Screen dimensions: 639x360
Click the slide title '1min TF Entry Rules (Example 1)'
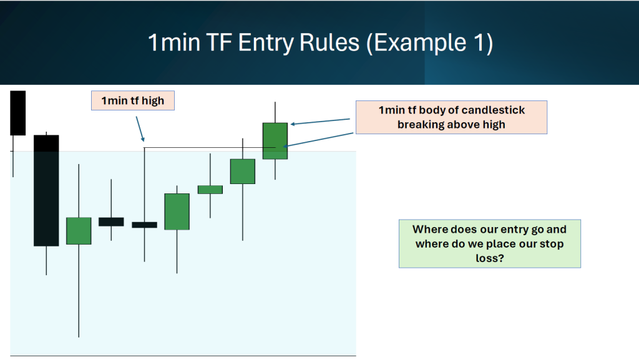point(320,42)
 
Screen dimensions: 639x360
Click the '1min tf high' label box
point(133,100)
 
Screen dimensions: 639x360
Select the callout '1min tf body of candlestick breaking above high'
point(452,117)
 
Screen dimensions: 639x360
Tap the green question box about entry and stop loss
point(489,243)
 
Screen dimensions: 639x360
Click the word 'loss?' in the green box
point(489,258)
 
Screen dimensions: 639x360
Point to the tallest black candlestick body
point(46,190)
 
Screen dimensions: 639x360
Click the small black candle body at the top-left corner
point(18,113)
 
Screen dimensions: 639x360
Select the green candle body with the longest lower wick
point(79,231)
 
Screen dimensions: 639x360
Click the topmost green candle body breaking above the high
point(275,141)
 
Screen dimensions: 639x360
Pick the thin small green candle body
point(210,190)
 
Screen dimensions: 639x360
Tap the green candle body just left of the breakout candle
point(243,172)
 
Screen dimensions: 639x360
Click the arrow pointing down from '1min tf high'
point(140,129)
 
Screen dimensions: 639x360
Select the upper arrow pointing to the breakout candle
point(320,122)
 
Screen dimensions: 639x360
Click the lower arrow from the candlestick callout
point(318,140)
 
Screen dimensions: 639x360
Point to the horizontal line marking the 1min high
point(210,147)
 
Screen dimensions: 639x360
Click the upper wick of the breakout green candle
point(275,112)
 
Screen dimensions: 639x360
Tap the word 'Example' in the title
point(420,43)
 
